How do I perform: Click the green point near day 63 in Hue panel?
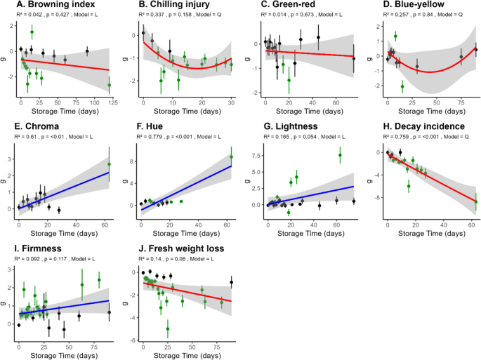click(231, 156)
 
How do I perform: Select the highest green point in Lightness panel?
click(340, 155)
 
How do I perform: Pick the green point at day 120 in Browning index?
click(110, 85)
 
